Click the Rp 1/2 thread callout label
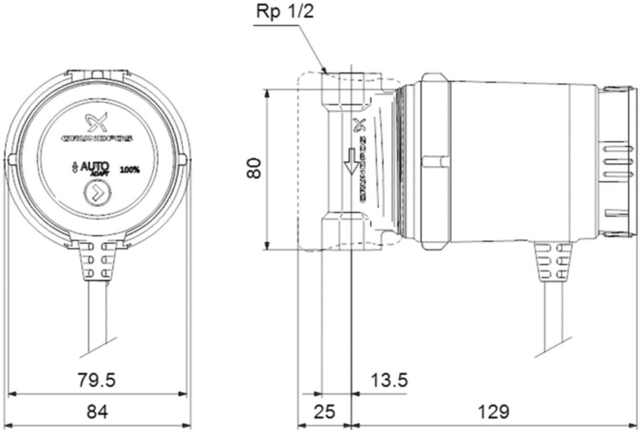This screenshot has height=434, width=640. point(285,12)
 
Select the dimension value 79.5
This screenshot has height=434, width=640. point(97,380)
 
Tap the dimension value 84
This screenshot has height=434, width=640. point(97,412)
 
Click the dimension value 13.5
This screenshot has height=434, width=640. point(389,380)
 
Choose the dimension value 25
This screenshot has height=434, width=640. point(324,412)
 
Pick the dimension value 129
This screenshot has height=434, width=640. point(494,412)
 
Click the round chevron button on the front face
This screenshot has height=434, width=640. point(97,193)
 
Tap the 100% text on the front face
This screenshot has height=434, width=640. point(130,170)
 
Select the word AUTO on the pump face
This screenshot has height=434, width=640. point(95,167)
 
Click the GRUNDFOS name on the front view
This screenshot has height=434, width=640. point(97,138)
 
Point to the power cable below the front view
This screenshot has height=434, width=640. point(97,314)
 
